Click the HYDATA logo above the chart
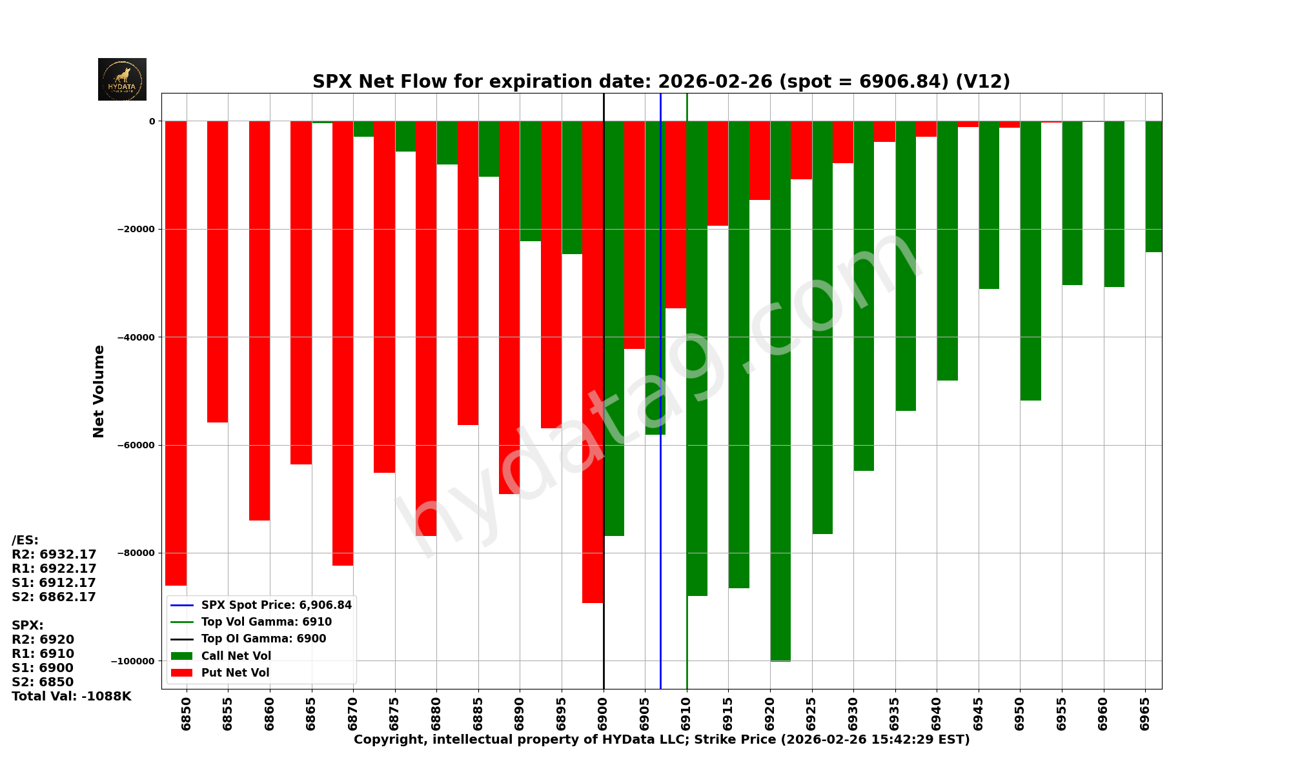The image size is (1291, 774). coord(122,79)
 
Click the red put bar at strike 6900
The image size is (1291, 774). coord(593,361)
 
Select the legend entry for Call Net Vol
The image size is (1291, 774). coord(236,656)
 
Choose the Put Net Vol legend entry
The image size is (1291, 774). coord(235,673)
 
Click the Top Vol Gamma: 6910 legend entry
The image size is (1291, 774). coord(266,622)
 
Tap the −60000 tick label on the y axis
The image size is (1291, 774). coord(135,445)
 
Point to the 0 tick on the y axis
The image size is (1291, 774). coord(152,121)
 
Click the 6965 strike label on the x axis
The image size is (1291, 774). coord(1145,713)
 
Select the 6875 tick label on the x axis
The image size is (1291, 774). coord(395,713)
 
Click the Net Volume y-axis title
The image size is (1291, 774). coord(99,391)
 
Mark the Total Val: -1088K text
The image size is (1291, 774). coord(72,697)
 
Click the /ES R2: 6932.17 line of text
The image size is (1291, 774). coord(54,555)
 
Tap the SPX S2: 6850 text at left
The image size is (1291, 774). coord(43,682)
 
